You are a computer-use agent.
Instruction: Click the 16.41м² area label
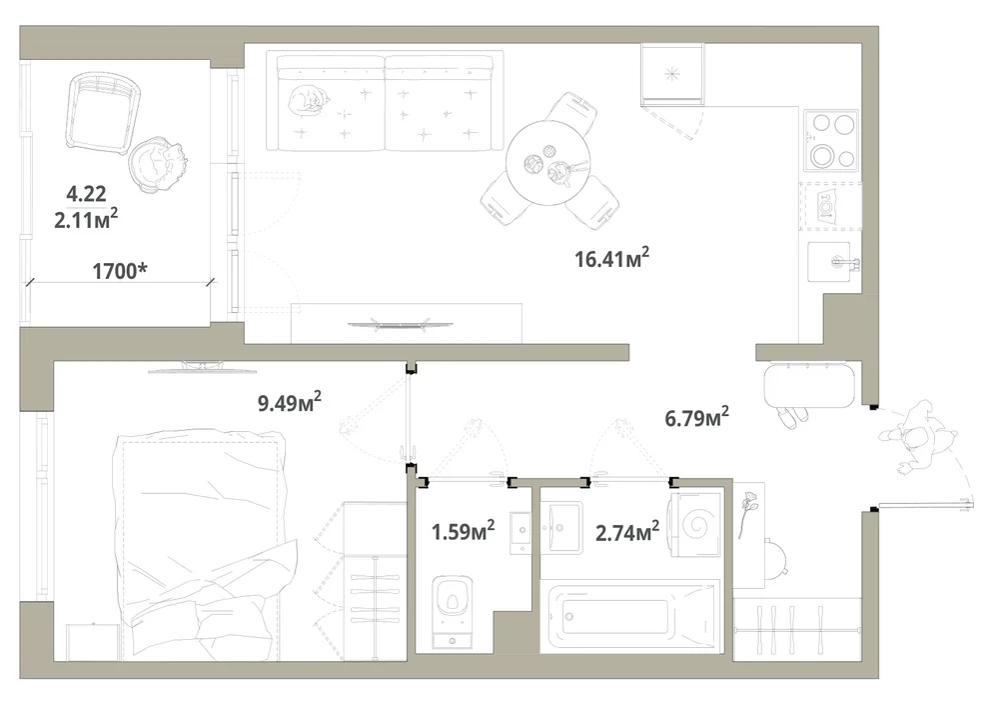[x=611, y=258]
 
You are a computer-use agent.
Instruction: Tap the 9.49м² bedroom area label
[x=290, y=402]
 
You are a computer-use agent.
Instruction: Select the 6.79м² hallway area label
[x=697, y=418]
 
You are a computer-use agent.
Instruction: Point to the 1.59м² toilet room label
[x=464, y=530]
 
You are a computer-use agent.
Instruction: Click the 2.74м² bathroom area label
[x=627, y=531]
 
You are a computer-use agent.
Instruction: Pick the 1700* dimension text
[x=120, y=271]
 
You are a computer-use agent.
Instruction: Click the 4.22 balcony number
[x=86, y=193]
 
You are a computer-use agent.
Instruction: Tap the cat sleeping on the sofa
[x=308, y=101]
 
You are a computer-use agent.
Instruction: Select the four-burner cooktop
[x=831, y=140]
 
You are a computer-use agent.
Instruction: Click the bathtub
[x=630, y=616]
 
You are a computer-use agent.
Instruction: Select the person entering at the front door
[x=917, y=439]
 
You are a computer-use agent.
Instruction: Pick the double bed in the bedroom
[x=199, y=547]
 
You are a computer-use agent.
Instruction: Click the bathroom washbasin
[x=561, y=527]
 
